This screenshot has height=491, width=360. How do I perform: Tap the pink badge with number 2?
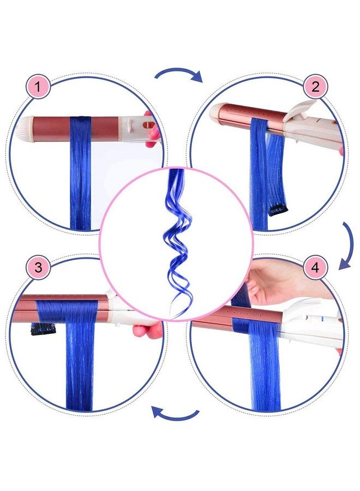coord(315,87)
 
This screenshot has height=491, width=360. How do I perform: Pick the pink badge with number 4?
coord(315,268)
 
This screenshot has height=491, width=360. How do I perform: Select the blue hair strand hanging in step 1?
coord(80,180)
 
